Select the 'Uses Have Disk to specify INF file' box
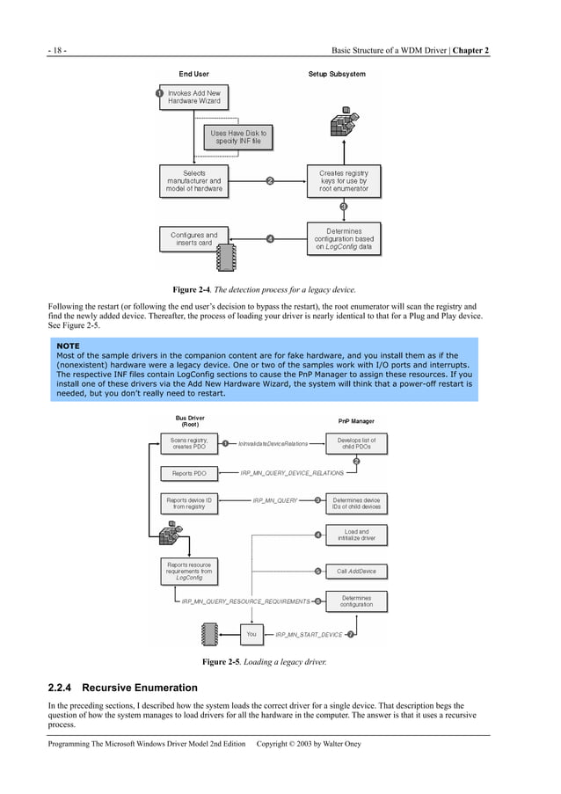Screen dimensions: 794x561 pos(238,137)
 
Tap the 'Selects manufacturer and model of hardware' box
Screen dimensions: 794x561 pos(194,181)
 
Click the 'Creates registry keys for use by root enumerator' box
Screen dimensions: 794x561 pos(344,181)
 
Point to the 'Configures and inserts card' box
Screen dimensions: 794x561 pos(194,239)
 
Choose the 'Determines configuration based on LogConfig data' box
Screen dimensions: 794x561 pos(344,239)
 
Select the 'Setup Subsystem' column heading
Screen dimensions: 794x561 pos(337,74)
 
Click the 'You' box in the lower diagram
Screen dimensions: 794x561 pos(251,633)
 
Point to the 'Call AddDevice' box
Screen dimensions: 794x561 pos(356,571)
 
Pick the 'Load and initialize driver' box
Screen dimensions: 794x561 pos(356,535)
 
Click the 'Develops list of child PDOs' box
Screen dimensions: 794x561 pos(356,443)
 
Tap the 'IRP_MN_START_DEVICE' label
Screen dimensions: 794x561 pos(309,634)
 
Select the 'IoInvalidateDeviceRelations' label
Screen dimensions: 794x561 pos(273,444)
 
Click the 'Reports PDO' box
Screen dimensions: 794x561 pos(188,473)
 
